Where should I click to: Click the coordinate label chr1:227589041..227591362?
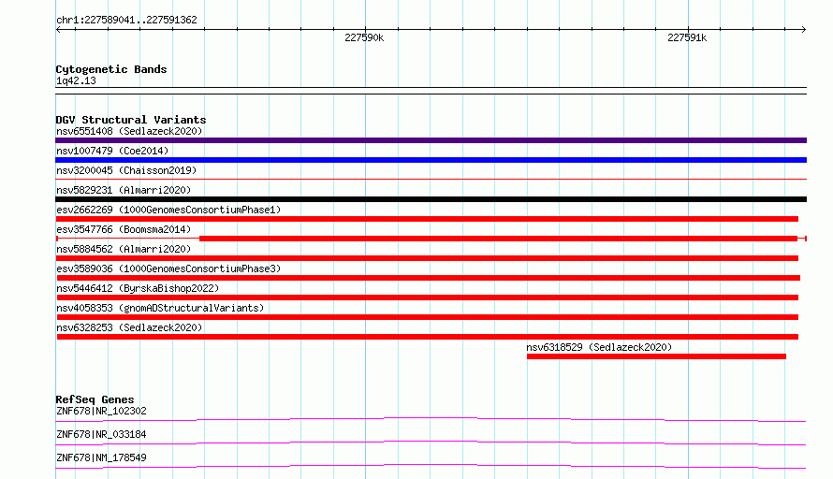pyautogui.click(x=126, y=20)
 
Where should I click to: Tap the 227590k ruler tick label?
pyautogui.click(x=364, y=37)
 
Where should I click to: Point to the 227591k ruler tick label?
pyautogui.click(x=687, y=37)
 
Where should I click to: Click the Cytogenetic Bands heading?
pyautogui.click(x=111, y=69)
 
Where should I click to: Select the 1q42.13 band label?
pyautogui.click(x=76, y=80)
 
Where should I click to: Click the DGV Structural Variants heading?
pyautogui.click(x=131, y=120)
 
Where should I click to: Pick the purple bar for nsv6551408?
pyautogui.click(x=431, y=140)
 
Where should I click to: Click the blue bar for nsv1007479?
pyautogui.click(x=431, y=160)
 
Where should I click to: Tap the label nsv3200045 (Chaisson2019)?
pyautogui.click(x=126, y=170)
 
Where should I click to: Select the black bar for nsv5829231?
pyautogui.click(x=431, y=199)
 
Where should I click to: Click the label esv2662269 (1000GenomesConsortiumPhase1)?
pyautogui.click(x=168, y=210)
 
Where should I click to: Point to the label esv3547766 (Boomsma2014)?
pyautogui.click(x=124, y=229)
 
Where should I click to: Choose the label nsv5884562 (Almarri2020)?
pyautogui.click(x=124, y=249)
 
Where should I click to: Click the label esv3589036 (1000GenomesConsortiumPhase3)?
pyautogui.click(x=168, y=269)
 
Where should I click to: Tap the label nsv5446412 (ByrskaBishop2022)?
pyautogui.click(x=138, y=288)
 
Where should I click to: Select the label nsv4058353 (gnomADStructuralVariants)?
pyautogui.click(x=160, y=308)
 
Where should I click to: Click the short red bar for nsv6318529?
pyautogui.click(x=656, y=356)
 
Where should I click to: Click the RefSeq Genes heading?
pyautogui.click(x=95, y=399)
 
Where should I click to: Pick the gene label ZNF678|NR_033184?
pyautogui.click(x=101, y=434)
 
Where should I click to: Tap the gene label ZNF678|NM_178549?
pyautogui.click(x=101, y=457)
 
